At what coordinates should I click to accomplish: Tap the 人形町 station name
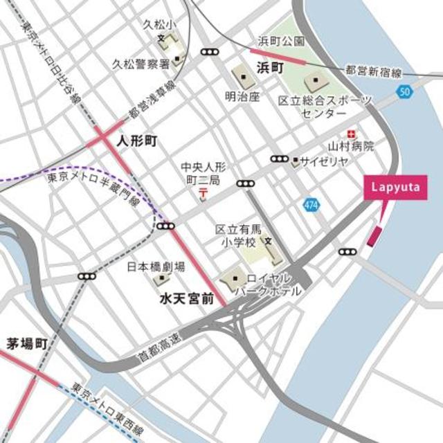tap(137, 141)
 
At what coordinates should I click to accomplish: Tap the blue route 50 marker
tap(405, 91)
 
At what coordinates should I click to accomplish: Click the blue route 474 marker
tap(311, 205)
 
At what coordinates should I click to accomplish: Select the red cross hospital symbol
tap(352, 133)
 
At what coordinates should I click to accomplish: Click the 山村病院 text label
tap(351, 147)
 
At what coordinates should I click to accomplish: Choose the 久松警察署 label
tap(141, 64)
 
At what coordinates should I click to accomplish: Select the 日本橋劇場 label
tap(156, 266)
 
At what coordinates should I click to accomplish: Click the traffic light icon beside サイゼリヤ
tap(280, 159)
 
